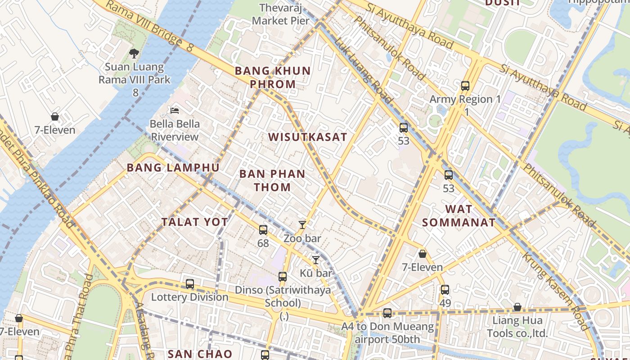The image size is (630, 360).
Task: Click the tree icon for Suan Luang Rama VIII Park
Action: point(134,54)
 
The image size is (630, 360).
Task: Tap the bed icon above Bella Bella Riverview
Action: point(175,110)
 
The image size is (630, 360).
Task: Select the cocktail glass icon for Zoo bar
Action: point(302,225)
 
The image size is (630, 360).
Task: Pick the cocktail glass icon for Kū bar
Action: point(316,260)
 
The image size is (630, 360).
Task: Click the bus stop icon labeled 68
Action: point(263,230)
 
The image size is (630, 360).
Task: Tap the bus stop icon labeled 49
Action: point(445,290)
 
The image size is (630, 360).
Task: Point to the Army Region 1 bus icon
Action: point(465,85)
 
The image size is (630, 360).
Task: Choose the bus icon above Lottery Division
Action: point(190,284)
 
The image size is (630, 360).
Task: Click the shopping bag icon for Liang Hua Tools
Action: point(517,307)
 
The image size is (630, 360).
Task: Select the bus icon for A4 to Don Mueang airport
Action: point(387,313)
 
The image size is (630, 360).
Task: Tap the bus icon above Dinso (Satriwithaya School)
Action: point(283,277)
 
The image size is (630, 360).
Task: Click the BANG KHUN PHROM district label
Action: point(273,77)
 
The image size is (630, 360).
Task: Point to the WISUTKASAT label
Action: point(308,137)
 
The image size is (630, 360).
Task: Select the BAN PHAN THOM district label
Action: point(272,180)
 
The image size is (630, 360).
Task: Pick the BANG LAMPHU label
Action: point(173,168)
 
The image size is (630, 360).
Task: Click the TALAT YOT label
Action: point(195,222)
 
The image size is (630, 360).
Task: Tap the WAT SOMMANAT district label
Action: point(459,216)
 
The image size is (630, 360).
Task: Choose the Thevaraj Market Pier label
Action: point(281,14)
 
